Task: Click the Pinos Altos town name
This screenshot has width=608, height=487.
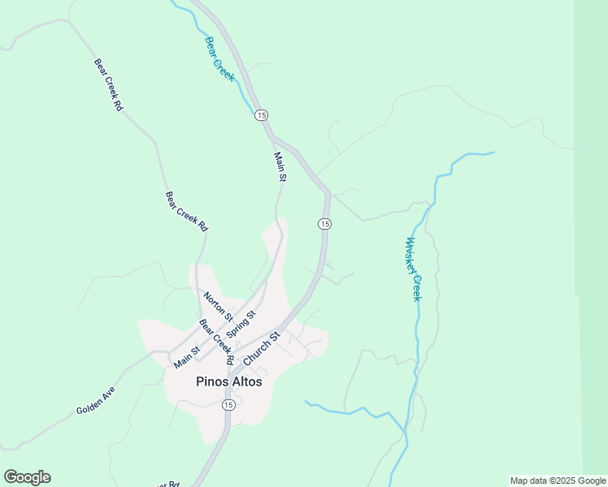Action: click(x=229, y=381)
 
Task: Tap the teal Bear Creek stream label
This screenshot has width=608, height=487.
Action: click(x=219, y=59)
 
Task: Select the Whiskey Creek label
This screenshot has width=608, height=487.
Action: click(x=414, y=269)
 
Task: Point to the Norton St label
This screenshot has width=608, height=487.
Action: click(x=218, y=306)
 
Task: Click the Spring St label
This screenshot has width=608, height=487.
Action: click(x=241, y=325)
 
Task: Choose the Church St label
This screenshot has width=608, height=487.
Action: click(x=262, y=347)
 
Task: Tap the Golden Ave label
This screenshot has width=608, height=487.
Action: click(x=97, y=406)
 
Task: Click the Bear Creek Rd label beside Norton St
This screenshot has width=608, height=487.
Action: click(x=216, y=341)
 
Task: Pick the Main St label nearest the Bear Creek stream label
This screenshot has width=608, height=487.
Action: click(x=280, y=166)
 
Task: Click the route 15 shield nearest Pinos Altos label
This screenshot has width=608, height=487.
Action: click(x=228, y=404)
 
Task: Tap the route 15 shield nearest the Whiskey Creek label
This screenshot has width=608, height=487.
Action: click(x=324, y=223)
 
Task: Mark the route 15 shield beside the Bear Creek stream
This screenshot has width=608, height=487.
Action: click(x=260, y=115)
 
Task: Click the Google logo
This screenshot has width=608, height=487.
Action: click(x=27, y=477)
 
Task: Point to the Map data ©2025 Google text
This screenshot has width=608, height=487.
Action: click(x=558, y=481)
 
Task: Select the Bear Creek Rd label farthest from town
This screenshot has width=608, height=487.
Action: click(x=107, y=84)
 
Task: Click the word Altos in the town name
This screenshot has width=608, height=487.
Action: click(x=245, y=381)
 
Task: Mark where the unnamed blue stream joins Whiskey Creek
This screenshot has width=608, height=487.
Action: click(x=404, y=429)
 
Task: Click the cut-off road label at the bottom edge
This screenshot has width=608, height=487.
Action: click(x=170, y=484)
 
